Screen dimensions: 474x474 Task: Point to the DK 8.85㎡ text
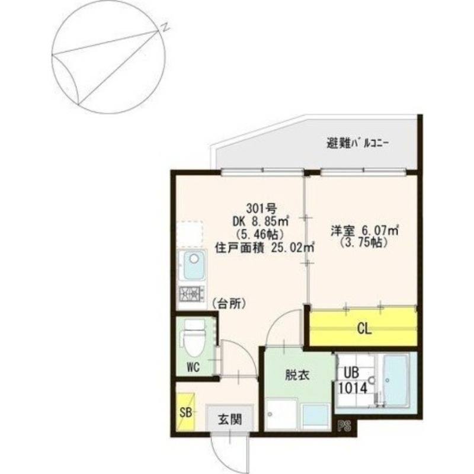coord(261,221)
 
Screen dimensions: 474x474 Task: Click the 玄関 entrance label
coord(230,420)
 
